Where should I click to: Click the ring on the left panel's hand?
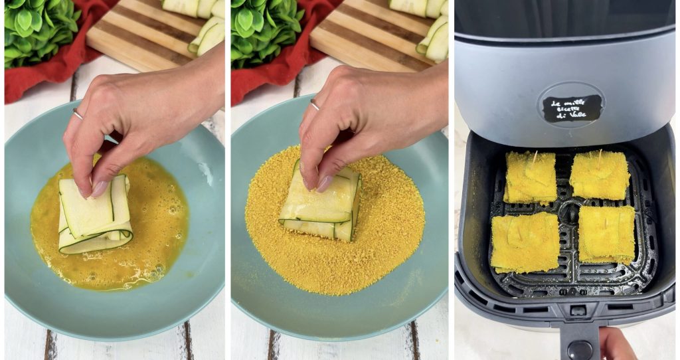(x=78, y=114)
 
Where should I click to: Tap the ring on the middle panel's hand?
(x=315, y=104)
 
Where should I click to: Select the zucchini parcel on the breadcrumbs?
(x=321, y=206)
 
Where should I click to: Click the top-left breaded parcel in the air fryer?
(x=530, y=177)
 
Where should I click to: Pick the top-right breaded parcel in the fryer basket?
(x=599, y=175)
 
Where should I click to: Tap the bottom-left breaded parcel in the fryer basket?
(x=525, y=242)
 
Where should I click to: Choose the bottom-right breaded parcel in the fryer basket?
(x=606, y=234)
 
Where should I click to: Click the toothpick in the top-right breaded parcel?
(x=600, y=157)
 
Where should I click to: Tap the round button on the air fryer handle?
(x=579, y=349)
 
